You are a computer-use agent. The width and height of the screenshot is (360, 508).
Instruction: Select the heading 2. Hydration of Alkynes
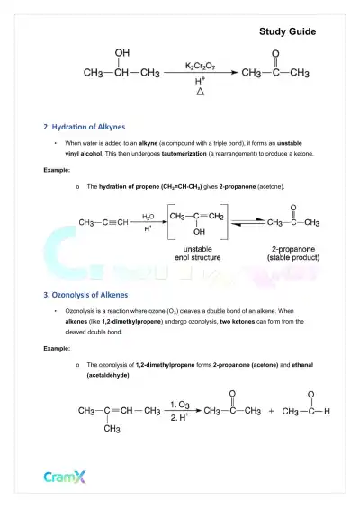(85, 127)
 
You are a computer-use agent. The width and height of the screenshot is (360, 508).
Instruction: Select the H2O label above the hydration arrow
(148, 216)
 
